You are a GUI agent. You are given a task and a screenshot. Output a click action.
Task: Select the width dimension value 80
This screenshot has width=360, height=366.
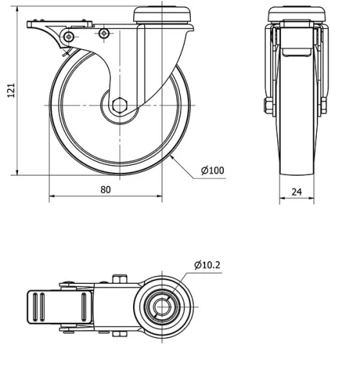click(x=106, y=189)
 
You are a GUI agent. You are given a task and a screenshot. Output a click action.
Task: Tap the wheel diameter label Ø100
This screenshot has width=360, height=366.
click(x=212, y=171)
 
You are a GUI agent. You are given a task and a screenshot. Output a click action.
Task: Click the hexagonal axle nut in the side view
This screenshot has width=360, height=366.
click(x=120, y=105)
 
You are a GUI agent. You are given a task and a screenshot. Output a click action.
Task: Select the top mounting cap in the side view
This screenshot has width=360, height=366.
click(x=163, y=12)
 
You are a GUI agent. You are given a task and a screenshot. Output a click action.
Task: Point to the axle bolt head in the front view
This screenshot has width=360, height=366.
click(x=268, y=107)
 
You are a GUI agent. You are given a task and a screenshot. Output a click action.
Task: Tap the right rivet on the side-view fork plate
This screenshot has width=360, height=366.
click(x=104, y=33)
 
